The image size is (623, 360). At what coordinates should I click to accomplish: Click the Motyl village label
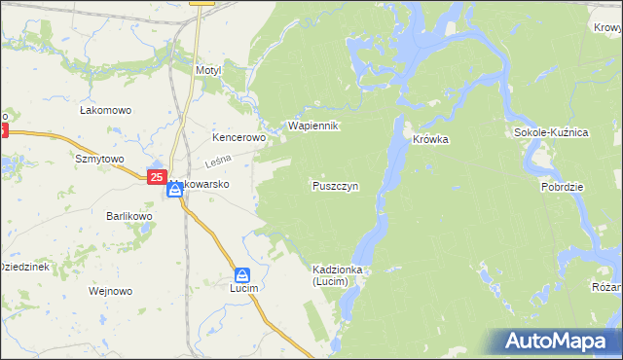pyautogui.click(x=208, y=71)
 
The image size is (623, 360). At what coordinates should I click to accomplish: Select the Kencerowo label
pyautogui.click(x=239, y=138)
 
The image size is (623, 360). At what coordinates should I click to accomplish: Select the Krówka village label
pyautogui.click(x=429, y=139)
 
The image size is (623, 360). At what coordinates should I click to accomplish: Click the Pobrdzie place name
pyautogui.click(x=562, y=185)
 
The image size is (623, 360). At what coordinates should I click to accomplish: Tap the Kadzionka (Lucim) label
pyautogui.click(x=337, y=274)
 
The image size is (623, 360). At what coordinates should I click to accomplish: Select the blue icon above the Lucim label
pyautogui.click(x=242, y=274)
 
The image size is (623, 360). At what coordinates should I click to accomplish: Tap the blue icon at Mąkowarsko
pyautogui.click(x=174, y=190)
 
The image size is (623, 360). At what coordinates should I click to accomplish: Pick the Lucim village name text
pyautogui.click(x=243, y=291)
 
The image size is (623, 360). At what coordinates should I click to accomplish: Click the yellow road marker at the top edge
pyautogui.click(x=202, y=3)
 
